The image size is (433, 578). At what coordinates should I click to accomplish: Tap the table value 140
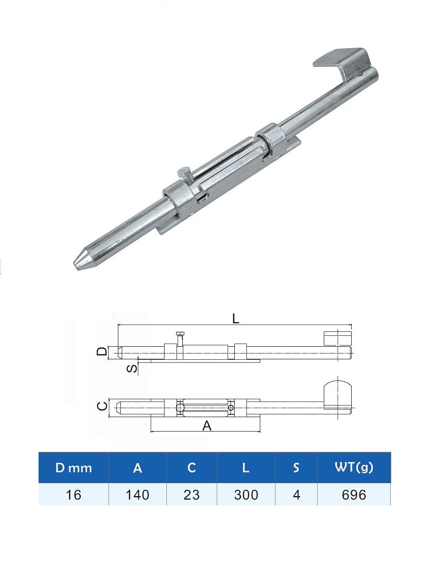pyautogui.click(x=138, y=495)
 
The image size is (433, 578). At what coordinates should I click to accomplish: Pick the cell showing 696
pyautogui.click(x=354, y=495)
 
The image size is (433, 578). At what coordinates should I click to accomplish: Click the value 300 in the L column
pyautogui.click(x=246, y=495)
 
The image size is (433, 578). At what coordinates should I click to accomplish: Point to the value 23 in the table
pyautogui.click(x=191, y=495)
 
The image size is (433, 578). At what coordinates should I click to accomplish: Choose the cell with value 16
pyautogui.click(x=73, y=495)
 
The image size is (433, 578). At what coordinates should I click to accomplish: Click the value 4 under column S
pyautogui.click(x=296, y=495)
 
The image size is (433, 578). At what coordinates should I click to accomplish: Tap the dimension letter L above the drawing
pyautogui.click(x=236, y=319)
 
